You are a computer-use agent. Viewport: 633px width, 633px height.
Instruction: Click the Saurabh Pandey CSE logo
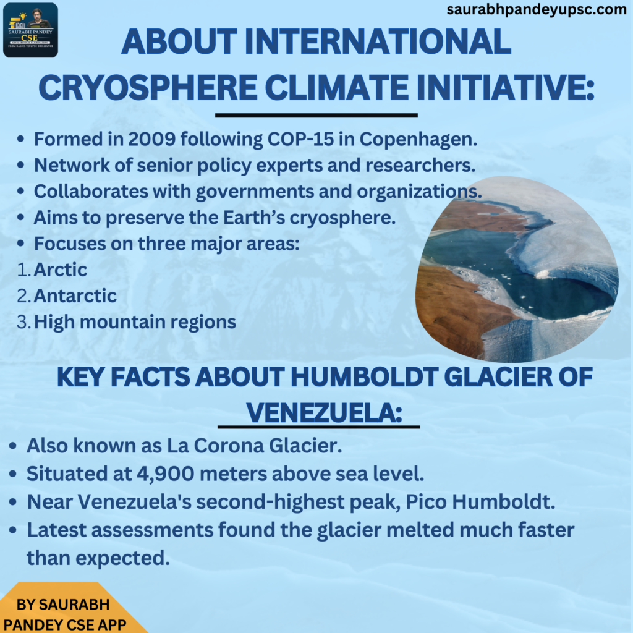click(31, 30)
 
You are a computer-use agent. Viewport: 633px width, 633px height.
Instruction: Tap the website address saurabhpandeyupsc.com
click(537, 10)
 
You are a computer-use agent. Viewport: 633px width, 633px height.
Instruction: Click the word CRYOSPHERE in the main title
click(148, 87)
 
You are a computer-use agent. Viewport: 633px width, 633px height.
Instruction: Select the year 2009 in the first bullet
click(152, 139)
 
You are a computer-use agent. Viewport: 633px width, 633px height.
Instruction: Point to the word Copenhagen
click(418, 140)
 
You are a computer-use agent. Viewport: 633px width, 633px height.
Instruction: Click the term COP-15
click(301, 139)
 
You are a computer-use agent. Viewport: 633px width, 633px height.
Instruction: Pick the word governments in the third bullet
click(255, 192)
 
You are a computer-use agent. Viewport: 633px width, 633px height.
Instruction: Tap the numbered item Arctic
click(61, 270)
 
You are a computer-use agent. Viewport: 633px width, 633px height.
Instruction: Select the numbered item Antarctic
click(75, 296)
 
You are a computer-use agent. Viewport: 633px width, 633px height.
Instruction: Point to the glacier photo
click(517, 269)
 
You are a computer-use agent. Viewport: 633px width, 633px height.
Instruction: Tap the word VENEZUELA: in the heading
click(324, 413)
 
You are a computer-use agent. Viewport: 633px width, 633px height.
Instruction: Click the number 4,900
click(166, 474)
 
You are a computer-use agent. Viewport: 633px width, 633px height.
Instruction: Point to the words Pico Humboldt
click(480, 502)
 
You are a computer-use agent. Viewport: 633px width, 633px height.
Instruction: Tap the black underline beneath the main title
click(316, 116)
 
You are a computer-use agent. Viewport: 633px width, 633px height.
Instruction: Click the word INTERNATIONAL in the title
click(378, 41)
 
